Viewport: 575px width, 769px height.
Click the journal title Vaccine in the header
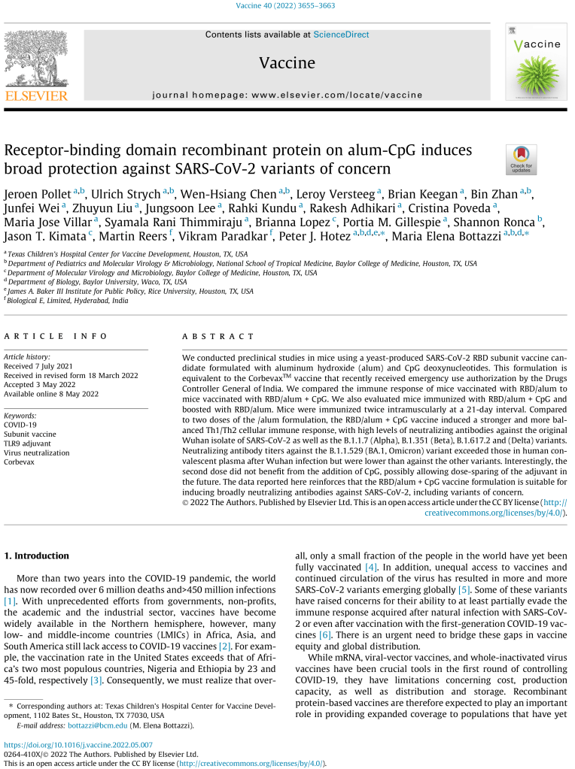point(287,63)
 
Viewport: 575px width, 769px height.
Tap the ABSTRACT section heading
point(208,336)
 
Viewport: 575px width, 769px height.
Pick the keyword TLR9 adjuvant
point(31,444)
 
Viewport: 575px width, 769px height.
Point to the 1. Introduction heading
point(38,556)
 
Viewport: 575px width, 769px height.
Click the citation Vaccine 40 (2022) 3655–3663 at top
point(287,6)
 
